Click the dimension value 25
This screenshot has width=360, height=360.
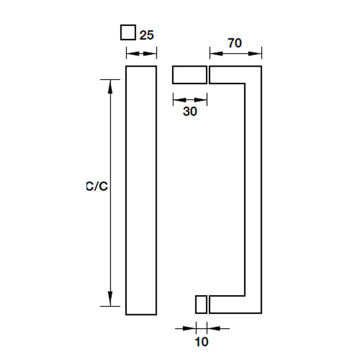click(x=148, y=35)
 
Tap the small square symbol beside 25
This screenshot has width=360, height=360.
click(x=128, y=32)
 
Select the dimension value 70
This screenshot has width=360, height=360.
click(x=235, y=43)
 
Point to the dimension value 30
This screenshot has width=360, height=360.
click(x=190, y=111)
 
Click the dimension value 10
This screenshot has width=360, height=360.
click(x=202, y=342)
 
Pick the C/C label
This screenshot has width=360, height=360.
click(x=96, y=187)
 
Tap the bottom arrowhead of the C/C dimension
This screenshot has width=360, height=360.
click(x=110, y=298)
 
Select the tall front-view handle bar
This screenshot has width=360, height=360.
click(x=141, y=190)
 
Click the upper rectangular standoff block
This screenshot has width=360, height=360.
click(x=190, y=75)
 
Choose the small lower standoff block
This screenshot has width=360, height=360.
click(x=201, y=304)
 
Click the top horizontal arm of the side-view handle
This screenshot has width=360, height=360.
click(x=235, y=74)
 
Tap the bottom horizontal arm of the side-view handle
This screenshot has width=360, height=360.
click(x=235, y=304)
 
